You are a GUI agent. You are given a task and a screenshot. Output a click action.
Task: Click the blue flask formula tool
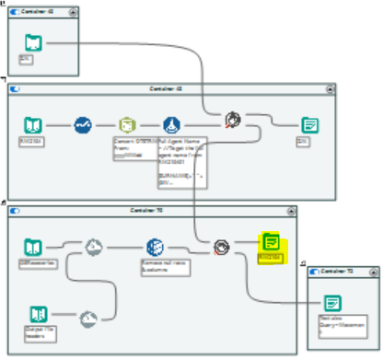170,123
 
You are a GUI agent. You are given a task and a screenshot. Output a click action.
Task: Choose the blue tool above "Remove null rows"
155,247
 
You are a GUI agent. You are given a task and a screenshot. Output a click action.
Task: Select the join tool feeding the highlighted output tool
222,247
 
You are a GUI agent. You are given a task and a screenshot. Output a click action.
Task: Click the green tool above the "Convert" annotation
127,123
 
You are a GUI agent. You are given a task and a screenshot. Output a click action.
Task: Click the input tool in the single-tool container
32,41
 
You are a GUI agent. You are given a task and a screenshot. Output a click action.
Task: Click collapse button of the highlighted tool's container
292,211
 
